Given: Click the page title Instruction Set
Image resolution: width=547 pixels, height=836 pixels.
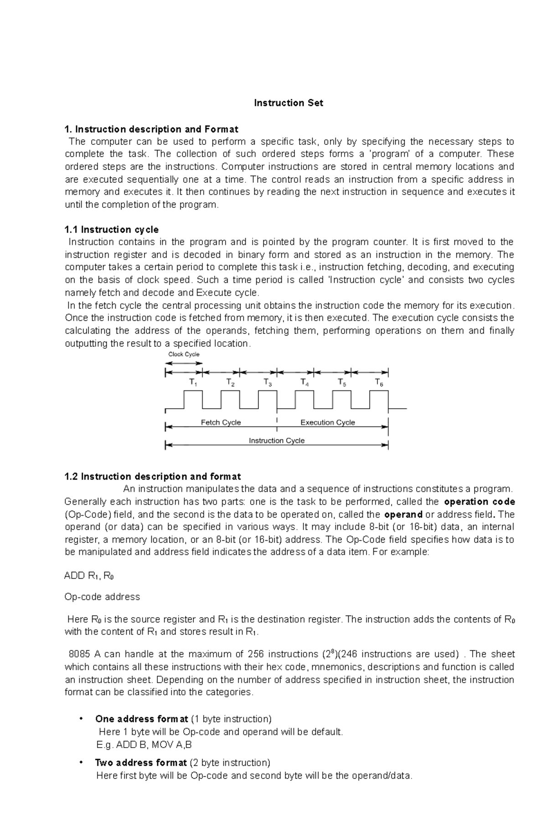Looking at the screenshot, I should click(288, 103).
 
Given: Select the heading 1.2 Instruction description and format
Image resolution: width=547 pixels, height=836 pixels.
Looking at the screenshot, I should click(152, 477).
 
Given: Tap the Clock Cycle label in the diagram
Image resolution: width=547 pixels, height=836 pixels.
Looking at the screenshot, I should click(184, 354).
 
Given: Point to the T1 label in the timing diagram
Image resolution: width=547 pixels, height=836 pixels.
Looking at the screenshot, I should click(193, 383).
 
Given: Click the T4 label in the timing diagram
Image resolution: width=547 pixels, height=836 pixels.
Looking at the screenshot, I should click(304, 383).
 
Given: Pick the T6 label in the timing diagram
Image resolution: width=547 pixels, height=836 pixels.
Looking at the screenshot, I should click(379, 383).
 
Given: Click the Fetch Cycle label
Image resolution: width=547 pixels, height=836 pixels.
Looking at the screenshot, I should click(221, 422).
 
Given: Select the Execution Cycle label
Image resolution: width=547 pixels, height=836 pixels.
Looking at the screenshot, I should click(327, 422).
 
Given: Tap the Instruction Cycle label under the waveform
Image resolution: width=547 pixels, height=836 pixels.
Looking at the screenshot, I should click(276, 441).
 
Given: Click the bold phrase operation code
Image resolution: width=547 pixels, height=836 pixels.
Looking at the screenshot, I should click(479, 502).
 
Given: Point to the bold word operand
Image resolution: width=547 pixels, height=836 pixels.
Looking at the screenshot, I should click(403, 514).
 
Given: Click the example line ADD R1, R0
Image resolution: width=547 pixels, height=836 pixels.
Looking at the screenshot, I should click(89, 575).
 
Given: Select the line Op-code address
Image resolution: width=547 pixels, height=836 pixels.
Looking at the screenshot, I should click(102, 597).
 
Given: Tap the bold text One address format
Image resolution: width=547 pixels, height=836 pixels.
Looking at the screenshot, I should click(141, 719).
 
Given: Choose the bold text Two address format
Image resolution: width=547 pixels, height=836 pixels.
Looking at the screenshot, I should click(140, 763).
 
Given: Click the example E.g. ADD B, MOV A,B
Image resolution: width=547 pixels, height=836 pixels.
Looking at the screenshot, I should click(144, 745).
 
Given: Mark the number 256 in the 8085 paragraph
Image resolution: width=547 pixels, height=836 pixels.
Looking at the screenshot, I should click(255, 654).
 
